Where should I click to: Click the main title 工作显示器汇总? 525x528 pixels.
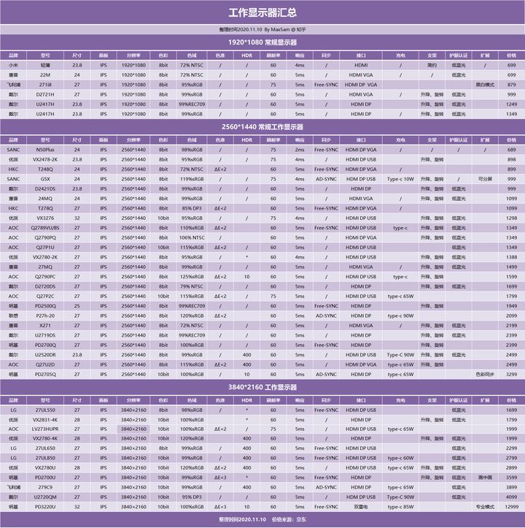point(262,12)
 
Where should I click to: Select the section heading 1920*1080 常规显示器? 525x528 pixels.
point(262,42)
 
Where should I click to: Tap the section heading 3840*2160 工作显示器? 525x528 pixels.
point(262,387)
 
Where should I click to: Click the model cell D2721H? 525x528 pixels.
point(45,94)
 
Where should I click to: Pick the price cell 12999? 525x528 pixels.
point(511,506)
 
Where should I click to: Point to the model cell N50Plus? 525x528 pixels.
point(45,149)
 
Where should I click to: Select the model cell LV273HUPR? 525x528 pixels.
point(45,429)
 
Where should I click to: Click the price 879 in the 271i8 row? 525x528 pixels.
point(511,85)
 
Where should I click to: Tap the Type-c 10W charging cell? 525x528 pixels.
point(400,178)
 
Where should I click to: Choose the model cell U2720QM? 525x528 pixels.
point(45,497)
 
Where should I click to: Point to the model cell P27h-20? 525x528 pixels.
point(45,315)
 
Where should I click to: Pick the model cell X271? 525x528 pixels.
point(45,325)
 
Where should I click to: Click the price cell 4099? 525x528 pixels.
point(511,497)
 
